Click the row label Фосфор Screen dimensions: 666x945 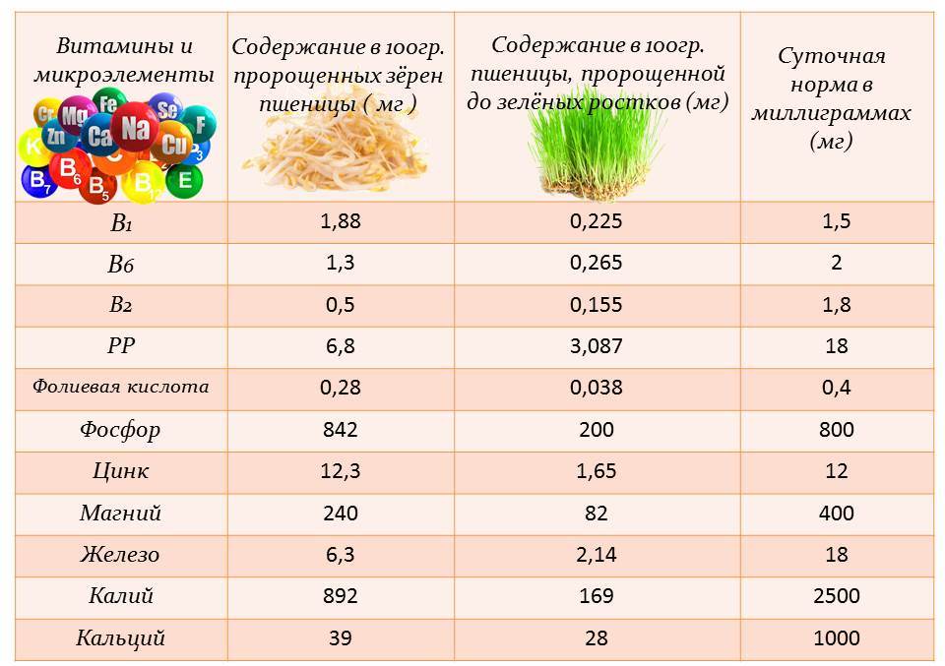[120, 430]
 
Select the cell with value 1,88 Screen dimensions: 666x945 [341, 221]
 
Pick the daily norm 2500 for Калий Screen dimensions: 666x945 [836, 596]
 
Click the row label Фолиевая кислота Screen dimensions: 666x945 [120, 388]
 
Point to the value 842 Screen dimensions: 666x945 [341, 430]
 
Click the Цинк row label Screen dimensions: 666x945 [120, 471]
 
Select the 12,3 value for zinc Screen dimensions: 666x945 [341, 471]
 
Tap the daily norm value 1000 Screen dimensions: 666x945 [836, 638]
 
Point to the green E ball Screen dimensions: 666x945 [184, 180]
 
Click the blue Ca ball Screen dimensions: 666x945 [99, 136]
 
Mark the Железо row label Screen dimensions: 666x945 [120, 555]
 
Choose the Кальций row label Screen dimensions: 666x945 [120, 638]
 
